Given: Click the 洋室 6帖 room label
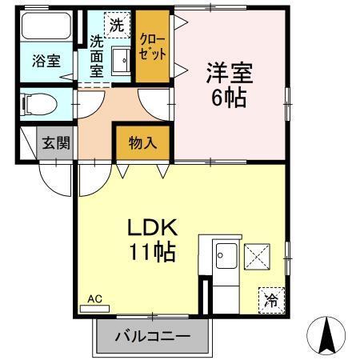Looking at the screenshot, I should coord(230,86).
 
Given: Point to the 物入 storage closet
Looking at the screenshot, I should coord(142,144).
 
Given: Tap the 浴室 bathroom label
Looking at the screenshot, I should coord(46,61).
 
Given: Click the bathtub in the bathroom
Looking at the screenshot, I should coord(46,26).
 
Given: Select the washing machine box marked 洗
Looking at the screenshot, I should coord(117,25).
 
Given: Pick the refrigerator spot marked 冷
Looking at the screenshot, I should coord(271,300).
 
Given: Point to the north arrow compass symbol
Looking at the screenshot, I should coord(327,336).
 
